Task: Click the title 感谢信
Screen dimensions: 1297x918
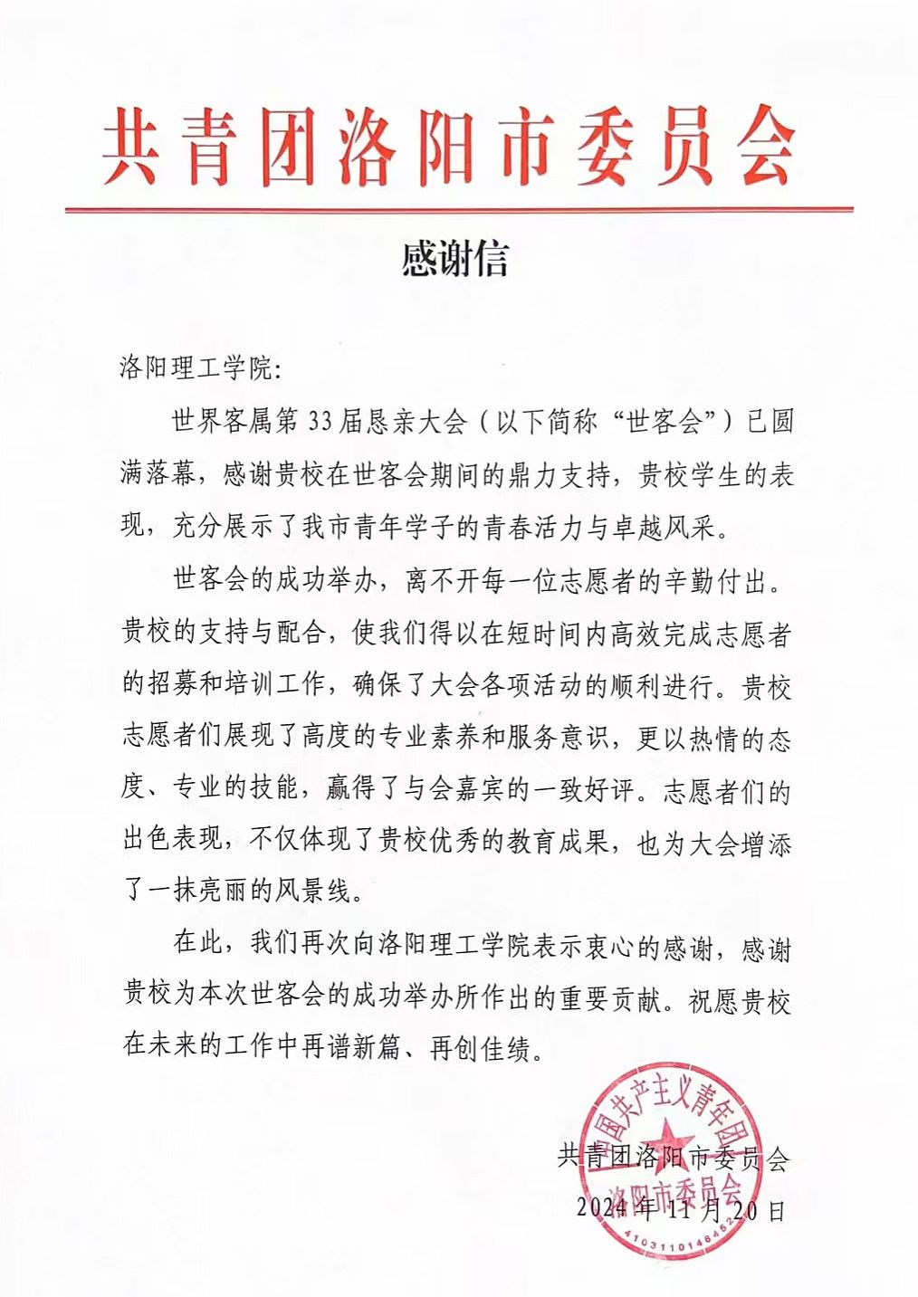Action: tap(454, 258)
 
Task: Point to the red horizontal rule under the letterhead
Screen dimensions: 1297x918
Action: tap(458, 210)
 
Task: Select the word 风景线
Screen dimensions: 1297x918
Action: tap(311, 892)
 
